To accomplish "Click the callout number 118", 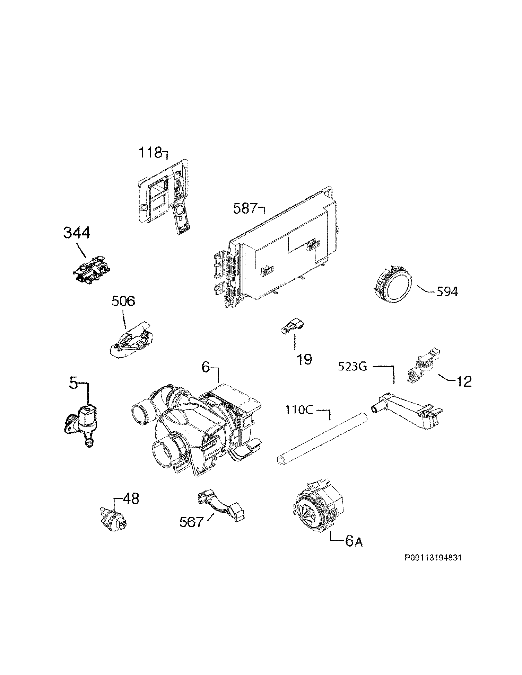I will (150, 153).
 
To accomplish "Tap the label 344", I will (77, 233).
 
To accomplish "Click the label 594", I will (447, 291).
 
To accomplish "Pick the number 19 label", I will (304, 359).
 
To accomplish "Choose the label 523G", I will (352, 367).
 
